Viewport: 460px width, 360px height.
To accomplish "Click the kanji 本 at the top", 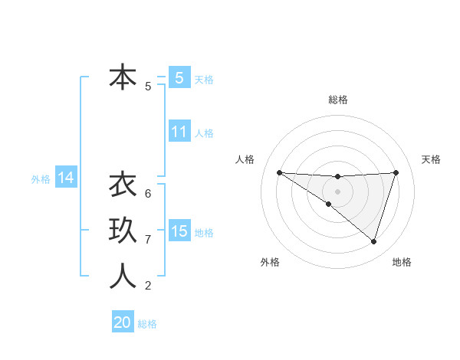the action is [123, 77].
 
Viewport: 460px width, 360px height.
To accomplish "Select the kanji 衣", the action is [123, 185].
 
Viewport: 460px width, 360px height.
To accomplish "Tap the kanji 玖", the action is [123, 231].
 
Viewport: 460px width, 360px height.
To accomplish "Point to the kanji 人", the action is [123, 276].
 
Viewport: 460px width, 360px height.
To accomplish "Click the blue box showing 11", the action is [179, 132].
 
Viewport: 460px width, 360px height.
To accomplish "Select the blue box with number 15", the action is [179, 231].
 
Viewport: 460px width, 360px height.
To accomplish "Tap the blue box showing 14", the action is [66, 178].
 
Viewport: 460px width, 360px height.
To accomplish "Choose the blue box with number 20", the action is [123, 322].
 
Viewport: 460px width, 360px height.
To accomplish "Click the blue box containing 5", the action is [179, 77].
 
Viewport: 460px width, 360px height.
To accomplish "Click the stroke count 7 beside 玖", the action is [148, 240].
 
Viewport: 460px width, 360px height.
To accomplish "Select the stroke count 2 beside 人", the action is [148, 286].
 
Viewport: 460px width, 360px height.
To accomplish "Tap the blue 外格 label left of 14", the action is [41, 179].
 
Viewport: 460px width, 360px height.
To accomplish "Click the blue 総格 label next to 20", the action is [147, 324].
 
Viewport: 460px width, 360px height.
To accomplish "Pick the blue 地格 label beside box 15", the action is [205, 233].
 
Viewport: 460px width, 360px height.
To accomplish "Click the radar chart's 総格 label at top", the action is [337, 100].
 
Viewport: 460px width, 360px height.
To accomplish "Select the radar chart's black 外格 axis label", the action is [270, 262].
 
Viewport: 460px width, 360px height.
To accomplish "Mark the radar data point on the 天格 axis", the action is [396, 172].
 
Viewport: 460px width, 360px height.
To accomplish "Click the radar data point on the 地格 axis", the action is [373, 241].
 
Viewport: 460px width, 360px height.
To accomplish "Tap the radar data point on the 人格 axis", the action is [279, 172].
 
